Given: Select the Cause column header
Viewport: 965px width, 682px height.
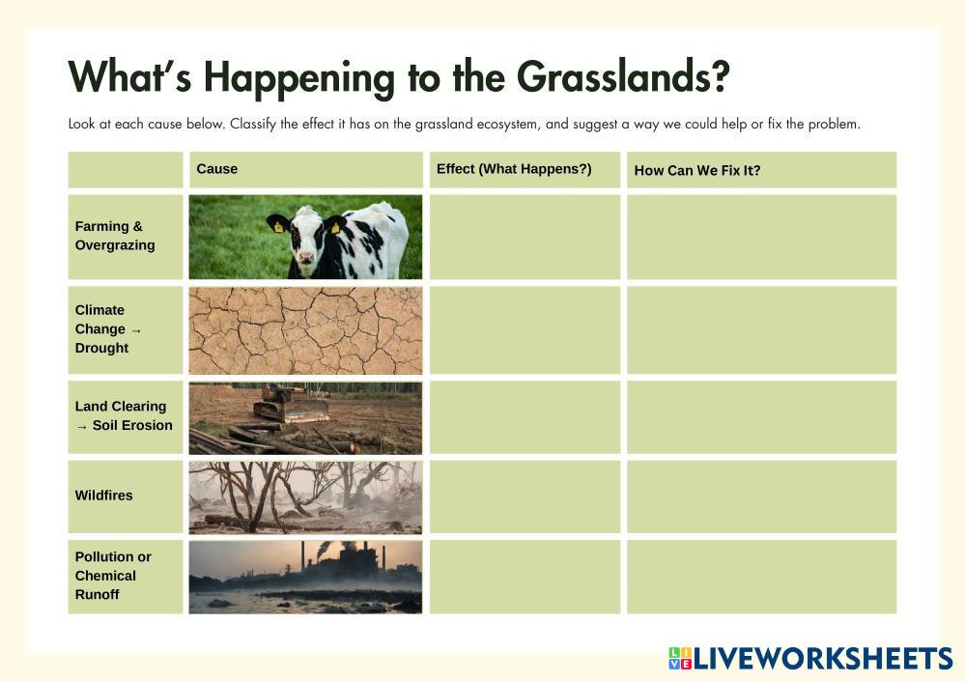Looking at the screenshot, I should coord(216,169).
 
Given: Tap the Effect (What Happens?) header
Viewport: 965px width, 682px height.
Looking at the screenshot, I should coord(514,169).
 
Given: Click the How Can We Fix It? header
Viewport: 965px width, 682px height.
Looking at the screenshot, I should coord(696,171).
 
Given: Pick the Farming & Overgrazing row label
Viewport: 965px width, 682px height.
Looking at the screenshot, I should coord(115,236).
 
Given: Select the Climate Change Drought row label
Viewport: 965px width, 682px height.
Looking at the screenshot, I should coord(107,328).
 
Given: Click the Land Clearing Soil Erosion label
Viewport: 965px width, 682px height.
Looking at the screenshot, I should coord(124,416).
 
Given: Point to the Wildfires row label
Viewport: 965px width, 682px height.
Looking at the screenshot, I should coord(104,496).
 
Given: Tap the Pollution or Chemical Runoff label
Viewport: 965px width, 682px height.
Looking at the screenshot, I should coord(113,576).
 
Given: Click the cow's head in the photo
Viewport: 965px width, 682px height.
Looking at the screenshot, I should coord(307,238).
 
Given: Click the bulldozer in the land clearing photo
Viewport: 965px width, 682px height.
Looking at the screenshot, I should coord(289,404).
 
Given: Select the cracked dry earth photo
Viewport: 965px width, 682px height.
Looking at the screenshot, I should coord(305,329).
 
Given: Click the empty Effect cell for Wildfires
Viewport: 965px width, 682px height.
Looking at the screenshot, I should coord(525,497).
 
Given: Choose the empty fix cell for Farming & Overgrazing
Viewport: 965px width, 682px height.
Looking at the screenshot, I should coord(761,237).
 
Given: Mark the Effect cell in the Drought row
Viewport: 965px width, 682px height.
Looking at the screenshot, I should coord(525,329).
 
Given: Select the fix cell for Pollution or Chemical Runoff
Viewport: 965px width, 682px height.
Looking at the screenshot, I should coord(761,577).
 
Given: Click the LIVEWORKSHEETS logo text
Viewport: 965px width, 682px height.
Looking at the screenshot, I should coord(821,659).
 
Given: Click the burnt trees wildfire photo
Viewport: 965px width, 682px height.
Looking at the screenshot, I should coord(305,497).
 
